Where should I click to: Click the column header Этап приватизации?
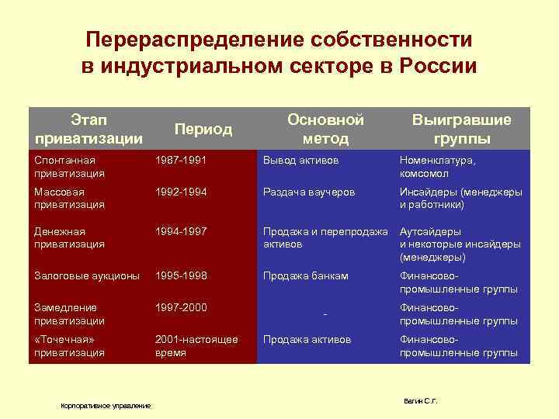tap(89, 128)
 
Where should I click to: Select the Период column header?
tap(203, 129)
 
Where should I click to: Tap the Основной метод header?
tap(325, 129)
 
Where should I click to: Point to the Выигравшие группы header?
tap(462, 129)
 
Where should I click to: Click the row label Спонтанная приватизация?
tap(70, 167)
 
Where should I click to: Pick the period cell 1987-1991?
tap(182, 160)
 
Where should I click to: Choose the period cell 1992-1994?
tap(182, 191)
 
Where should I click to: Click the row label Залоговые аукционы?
tap(87, 275)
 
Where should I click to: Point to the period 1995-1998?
tap(182, 275)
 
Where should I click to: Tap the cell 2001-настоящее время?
tap(196, 346)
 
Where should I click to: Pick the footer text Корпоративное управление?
tap(106, 406)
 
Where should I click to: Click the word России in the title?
tap(438, 66)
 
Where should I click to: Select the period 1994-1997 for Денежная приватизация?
tap(182, 231)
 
